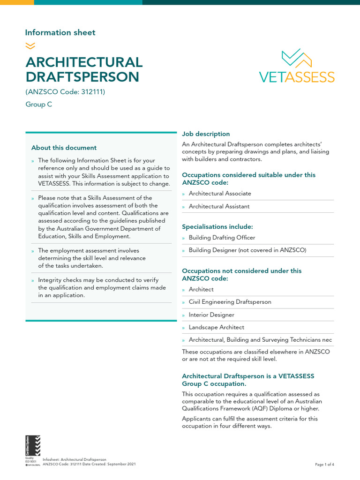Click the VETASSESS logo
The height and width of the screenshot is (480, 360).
[297, 66]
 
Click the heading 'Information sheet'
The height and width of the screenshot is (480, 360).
[60, 32]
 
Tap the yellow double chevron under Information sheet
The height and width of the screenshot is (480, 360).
[30, 45]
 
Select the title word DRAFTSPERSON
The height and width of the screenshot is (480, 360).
[82, 77]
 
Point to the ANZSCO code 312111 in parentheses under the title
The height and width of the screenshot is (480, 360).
[65, 91]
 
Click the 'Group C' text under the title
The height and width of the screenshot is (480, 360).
[38, 105]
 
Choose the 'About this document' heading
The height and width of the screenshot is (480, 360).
[64, 148]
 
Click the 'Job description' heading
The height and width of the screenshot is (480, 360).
[206, 134]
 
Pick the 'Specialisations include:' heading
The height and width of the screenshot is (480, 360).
[217, 226]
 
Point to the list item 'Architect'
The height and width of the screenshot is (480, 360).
[201, 289]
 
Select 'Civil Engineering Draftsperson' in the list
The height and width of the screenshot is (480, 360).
[230, 302]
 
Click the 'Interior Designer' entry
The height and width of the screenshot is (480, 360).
[211, 315]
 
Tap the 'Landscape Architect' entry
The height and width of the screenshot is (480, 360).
[216, 327]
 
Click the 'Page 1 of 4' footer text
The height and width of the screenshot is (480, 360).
[324, 465]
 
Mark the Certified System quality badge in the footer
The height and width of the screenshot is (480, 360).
[33, 449]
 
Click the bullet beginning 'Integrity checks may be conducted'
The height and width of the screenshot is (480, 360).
[102, 288]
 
